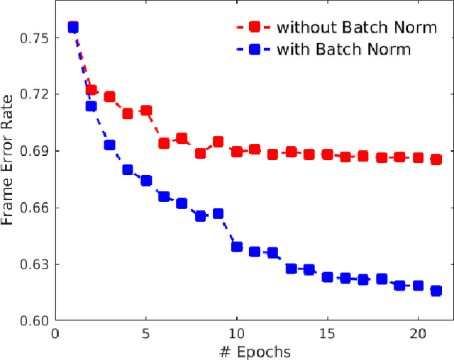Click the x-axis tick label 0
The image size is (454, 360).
(55, 333)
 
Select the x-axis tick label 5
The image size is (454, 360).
(145, 333)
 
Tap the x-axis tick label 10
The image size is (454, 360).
(236, 333)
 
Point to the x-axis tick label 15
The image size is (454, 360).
(327, 333)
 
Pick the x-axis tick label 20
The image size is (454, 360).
(418, 333)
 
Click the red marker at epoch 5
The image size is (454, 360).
(145, 111)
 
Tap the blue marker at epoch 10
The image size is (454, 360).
(236, 247)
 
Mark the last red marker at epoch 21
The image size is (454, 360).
(436, 159)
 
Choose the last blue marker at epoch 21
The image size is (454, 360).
(436, 291)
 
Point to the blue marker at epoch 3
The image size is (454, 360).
(109, 145)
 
